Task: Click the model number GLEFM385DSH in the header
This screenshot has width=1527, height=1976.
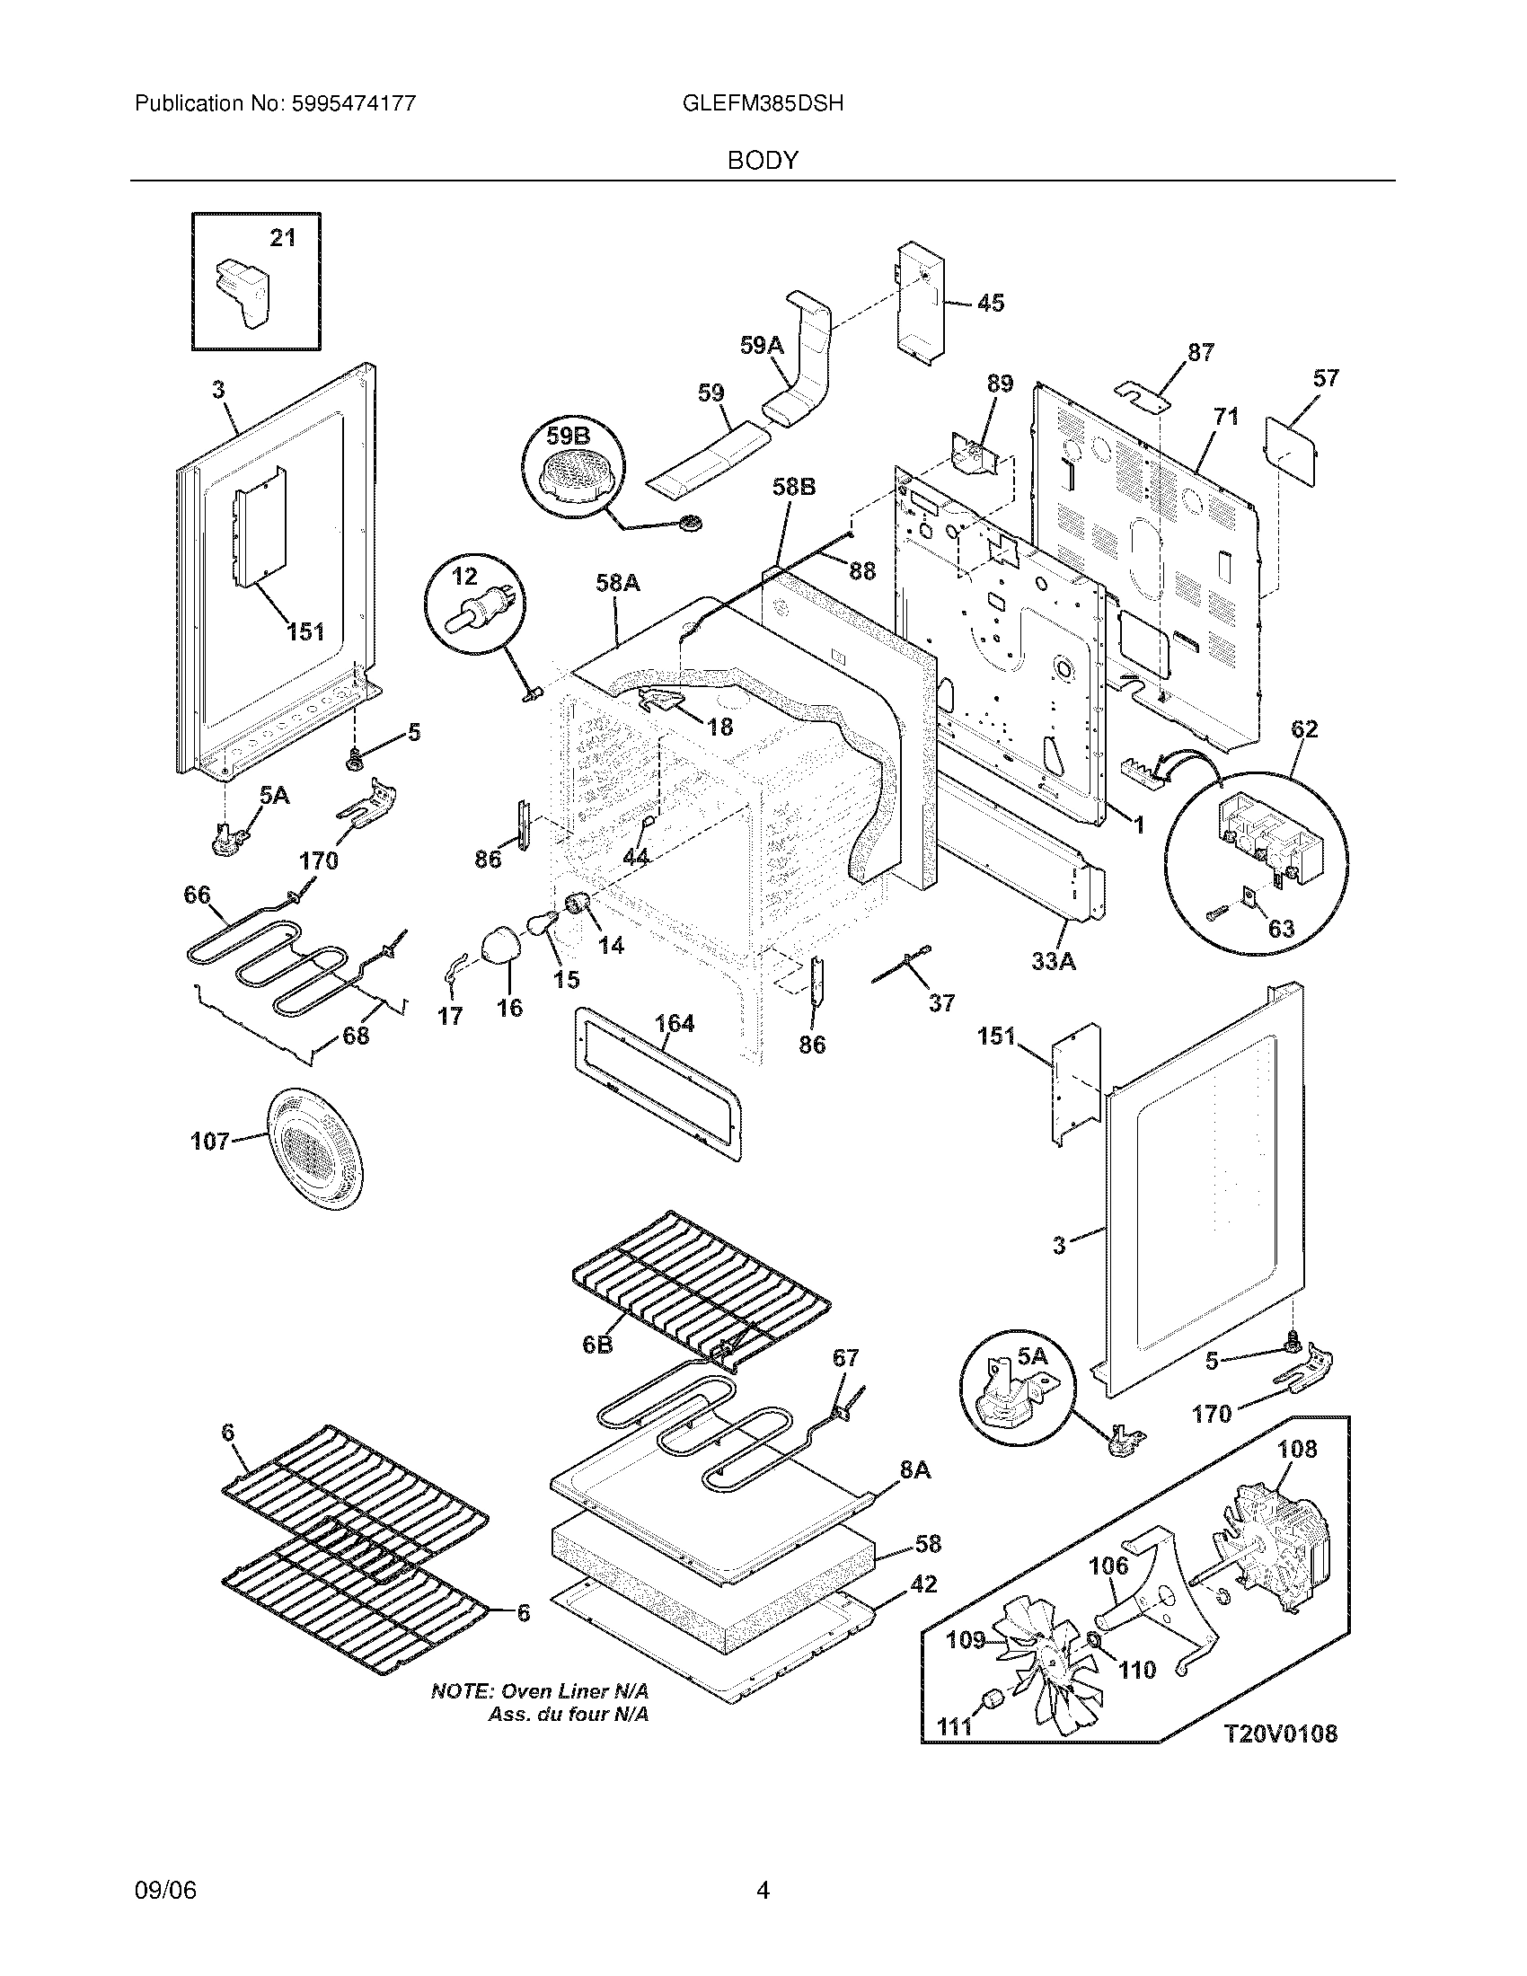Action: pos(763,104)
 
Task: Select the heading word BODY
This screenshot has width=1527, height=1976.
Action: pos(763,161)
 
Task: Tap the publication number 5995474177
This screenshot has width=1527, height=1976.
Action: pos(353,104)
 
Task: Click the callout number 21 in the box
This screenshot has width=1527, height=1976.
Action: pos(283,238)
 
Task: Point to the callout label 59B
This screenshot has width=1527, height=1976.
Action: pos(567,437)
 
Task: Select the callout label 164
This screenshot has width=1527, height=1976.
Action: pos(674,1023)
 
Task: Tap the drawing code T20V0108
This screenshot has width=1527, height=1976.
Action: pos(1280,1733)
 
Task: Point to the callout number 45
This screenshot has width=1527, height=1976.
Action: pos(991,303)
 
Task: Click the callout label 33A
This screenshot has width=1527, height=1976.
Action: pos(1054,962)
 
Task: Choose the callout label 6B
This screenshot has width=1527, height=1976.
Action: pos(597,1370)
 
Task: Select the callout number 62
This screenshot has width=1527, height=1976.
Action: pos(1304,728)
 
